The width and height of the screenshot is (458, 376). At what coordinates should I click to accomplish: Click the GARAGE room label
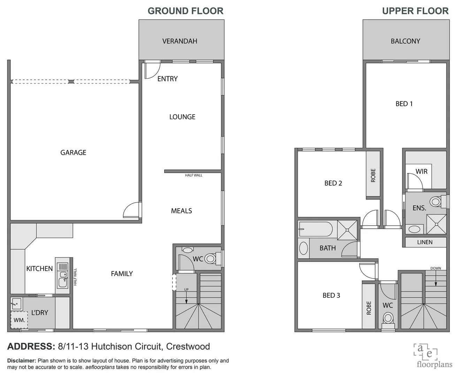(73, 152)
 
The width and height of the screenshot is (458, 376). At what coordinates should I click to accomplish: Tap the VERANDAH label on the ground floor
(180, 41)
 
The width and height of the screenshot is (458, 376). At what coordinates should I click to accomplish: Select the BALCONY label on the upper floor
(405, 41)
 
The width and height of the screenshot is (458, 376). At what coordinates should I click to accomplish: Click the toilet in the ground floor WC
(210, 258)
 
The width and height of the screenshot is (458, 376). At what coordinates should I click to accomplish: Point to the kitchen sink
(63, 281)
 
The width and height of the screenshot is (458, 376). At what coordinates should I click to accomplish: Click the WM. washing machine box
(19, 320)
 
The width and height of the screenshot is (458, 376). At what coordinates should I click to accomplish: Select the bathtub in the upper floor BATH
(315, 229)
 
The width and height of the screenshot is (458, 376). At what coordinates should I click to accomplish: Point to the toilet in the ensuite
(436, 202)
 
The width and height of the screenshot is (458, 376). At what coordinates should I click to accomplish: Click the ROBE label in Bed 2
(373, 175)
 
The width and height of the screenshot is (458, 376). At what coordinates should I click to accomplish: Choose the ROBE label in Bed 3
(369, 308)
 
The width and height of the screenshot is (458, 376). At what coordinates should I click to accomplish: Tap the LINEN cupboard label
(425, 242)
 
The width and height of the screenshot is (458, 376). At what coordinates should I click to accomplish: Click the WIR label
(421, 171)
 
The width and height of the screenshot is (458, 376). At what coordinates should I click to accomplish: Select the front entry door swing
(152, 70)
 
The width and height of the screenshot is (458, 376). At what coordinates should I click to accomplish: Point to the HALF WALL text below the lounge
(193, 175)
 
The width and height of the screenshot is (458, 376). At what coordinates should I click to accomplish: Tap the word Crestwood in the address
(188, 347)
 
